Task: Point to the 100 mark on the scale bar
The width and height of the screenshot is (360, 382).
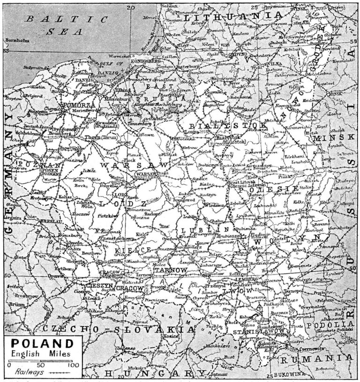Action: [73, 365]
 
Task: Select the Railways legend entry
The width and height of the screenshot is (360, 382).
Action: [27, 371]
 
